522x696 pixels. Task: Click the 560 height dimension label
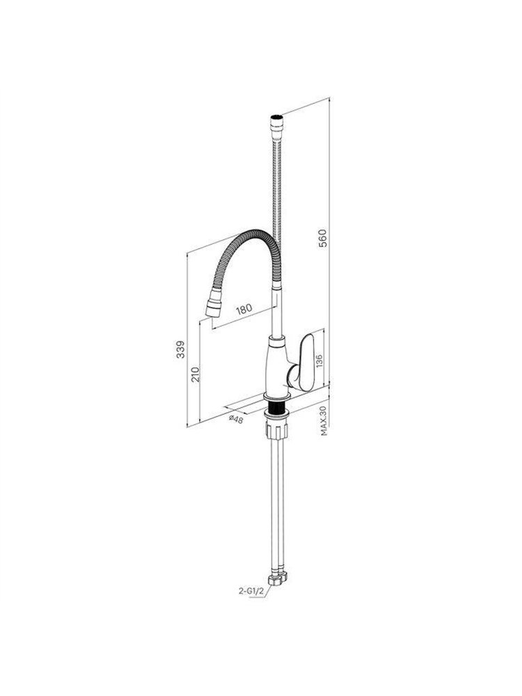tap(324, 238)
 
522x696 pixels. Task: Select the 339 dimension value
tap(180, 350)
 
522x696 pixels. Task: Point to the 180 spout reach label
tap(244, 308)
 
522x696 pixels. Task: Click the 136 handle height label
tap(319, 360)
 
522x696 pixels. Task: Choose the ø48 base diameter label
tap(236, 418)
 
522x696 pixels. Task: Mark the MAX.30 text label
tap(324, 421)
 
